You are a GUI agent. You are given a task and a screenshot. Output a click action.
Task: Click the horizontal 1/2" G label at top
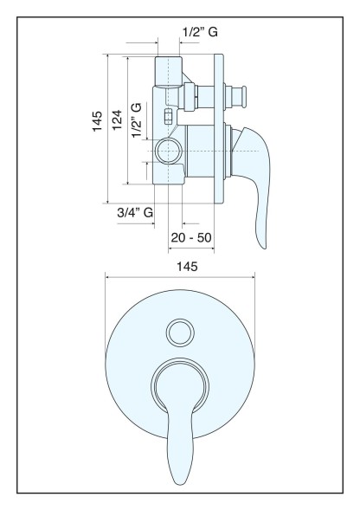point(200,32)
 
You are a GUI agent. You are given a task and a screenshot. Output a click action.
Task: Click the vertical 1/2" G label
point(137,120)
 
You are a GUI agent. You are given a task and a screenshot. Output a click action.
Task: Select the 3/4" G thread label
point(135,213)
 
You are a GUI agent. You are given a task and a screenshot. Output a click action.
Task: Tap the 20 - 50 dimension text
point(191,238)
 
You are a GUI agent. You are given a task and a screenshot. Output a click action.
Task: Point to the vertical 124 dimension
point(117,120)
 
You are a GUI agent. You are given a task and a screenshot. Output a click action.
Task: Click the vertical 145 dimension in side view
point(97,121)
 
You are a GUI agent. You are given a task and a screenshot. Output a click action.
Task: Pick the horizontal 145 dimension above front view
point(187,267)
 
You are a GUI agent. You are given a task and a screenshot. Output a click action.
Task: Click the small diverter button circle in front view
point(180,333)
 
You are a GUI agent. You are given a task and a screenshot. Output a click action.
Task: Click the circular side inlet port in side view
point(168,151)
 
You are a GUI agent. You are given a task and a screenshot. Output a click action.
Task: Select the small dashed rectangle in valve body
point(168,116)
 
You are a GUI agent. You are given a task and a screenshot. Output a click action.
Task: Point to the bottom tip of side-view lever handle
point(264,248)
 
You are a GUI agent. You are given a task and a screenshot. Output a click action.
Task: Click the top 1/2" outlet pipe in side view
point(168,72)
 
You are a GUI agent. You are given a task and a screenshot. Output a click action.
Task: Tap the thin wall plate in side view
point(219,129)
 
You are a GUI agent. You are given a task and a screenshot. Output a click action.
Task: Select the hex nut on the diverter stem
point(190,97)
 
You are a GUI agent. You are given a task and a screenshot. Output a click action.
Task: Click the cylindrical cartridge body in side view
point(199,152)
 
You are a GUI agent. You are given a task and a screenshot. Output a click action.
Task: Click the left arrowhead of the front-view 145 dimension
point(107,277)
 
